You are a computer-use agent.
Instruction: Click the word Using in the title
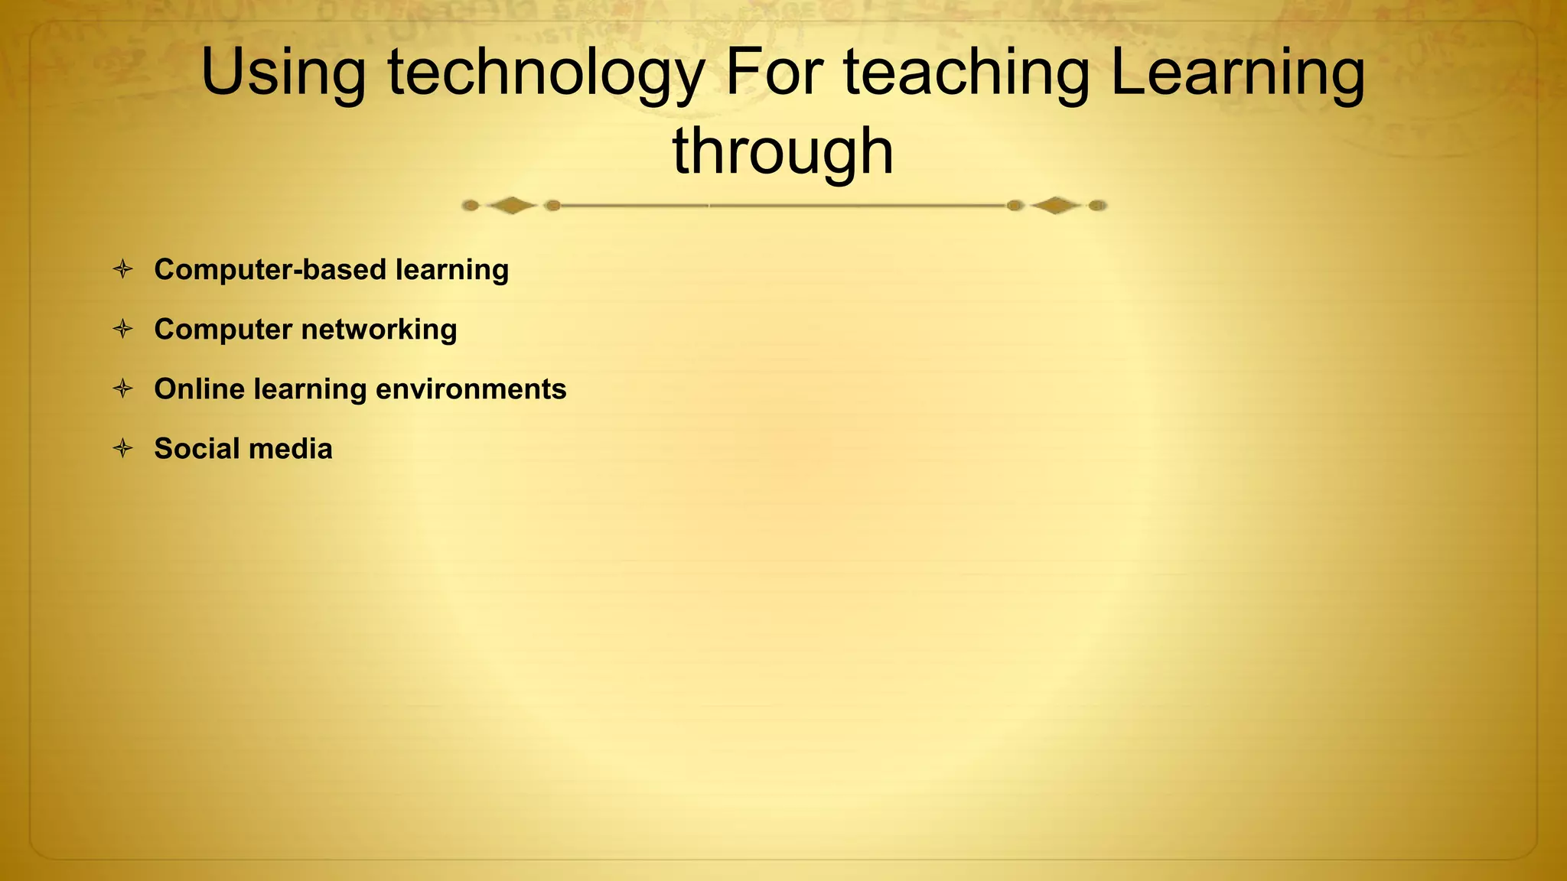point(283,73)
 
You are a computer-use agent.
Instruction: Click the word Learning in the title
point(1237,73)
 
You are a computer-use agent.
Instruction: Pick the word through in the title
point(783,152)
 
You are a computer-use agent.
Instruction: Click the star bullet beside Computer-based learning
point(122,269)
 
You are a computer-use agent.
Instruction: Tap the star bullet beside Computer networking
point(122,329)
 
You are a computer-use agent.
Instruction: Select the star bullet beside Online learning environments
point(122,388)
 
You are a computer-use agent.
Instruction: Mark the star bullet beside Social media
point(122,448)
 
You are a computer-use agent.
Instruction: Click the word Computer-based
point(270,270)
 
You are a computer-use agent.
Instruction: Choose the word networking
point(380,330)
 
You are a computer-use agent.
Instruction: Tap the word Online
point(198,388)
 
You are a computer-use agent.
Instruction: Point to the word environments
point(471,389)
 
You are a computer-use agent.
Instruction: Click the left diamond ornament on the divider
point(511,205)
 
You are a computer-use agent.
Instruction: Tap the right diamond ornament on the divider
point(1056,205)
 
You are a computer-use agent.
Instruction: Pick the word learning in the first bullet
point(451,270)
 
